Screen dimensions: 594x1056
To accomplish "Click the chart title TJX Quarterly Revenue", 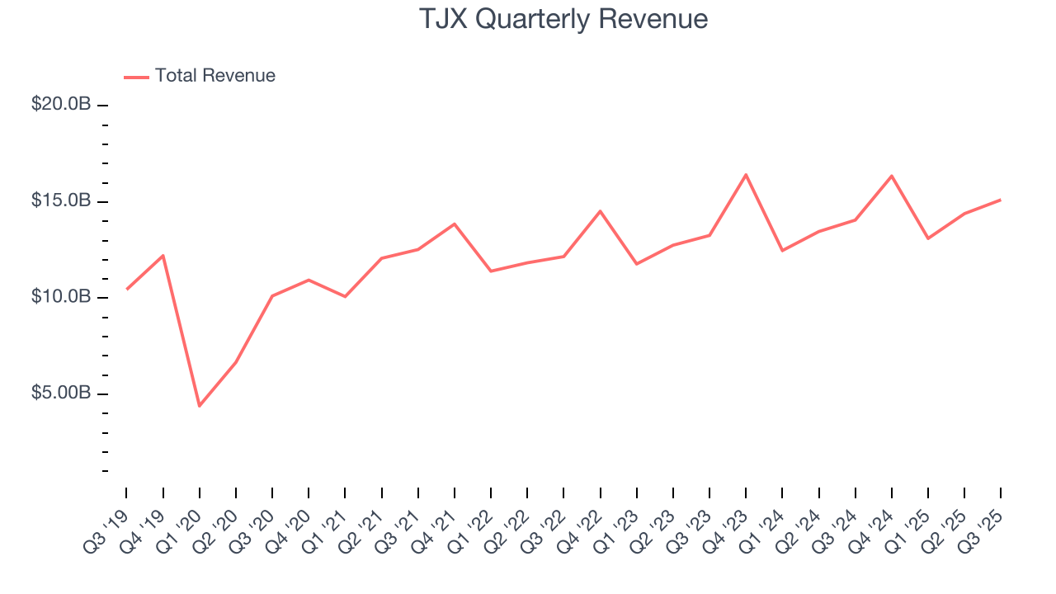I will coord(563,19).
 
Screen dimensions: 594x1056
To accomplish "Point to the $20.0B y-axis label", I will coord(62,106).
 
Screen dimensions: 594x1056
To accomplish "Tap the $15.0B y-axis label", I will coord(62,201).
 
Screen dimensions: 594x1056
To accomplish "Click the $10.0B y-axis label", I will coord(62,297).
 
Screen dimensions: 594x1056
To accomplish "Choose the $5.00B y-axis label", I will coord(62,393).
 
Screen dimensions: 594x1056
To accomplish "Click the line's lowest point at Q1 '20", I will coord(200,406).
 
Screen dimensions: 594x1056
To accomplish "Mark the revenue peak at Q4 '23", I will coord(746,174).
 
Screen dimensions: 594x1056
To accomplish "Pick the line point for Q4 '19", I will coord(163,255).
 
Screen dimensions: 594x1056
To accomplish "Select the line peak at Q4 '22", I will coord(600,211).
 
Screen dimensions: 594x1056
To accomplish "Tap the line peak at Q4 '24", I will coord(892,176).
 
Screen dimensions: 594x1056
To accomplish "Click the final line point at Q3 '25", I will coord(1001,200).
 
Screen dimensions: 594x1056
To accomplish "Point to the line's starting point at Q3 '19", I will coord(126,289).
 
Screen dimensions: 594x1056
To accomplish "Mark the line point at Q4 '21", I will coord(455,224).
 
